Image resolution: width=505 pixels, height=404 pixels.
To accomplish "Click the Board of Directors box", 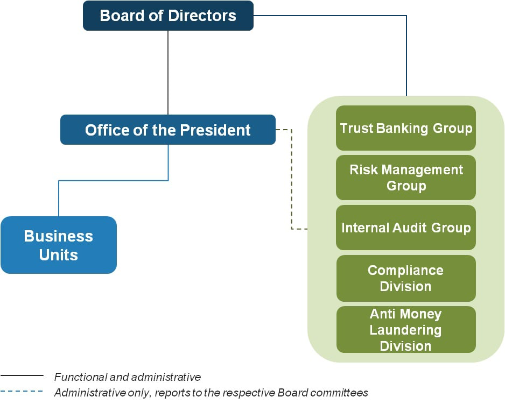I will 168,16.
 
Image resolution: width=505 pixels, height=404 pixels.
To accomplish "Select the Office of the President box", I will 168,130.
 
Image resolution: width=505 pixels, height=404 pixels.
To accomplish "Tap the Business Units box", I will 59,245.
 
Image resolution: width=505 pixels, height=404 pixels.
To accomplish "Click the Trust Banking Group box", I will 406,128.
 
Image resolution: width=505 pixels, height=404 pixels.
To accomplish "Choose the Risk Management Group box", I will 406,178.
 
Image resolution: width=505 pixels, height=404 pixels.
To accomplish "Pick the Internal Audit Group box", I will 406,228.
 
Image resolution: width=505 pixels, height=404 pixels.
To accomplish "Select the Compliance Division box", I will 406,278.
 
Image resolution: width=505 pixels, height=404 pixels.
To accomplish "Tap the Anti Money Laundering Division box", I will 406,329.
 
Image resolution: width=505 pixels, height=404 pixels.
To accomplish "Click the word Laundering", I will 405,330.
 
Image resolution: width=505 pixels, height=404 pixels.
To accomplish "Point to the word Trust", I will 356,128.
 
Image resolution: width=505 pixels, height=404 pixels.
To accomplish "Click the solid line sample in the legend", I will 22,376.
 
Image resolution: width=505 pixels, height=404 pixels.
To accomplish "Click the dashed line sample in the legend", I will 22,392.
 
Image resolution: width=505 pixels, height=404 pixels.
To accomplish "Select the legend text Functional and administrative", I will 128,377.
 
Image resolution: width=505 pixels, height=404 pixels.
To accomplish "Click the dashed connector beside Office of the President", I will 291,178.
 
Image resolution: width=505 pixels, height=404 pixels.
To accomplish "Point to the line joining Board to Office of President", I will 168,73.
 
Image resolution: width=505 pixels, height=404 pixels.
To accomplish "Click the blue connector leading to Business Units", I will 113,180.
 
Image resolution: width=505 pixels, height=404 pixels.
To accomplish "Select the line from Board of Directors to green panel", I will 406,54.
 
